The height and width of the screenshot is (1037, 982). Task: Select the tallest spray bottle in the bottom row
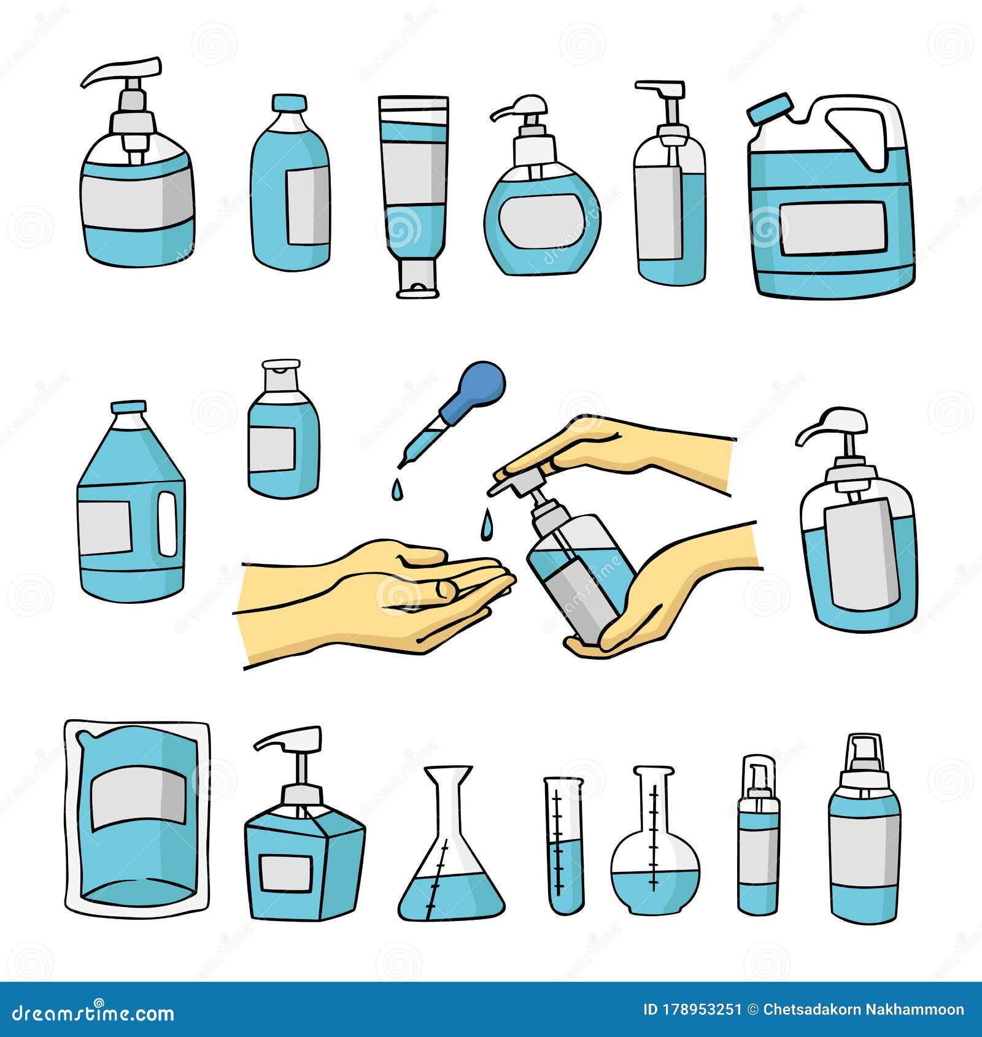point(864,831)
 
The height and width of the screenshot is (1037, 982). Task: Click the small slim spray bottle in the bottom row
point(759,838)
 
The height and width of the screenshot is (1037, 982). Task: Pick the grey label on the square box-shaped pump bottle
point(285,873)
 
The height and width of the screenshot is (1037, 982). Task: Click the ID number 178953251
point(692,1010)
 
